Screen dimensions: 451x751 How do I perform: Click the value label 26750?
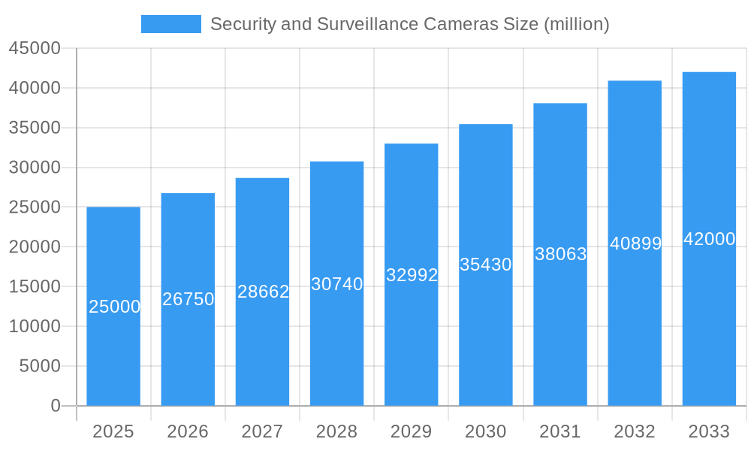point(189,299)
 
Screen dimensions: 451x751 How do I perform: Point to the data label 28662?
point(264,292)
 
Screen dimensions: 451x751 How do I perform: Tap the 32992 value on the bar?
point(412,275)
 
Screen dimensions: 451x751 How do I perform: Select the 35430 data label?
point(486,265)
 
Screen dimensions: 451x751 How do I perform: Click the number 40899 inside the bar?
point(635,244)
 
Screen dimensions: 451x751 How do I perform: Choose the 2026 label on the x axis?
point(188,431)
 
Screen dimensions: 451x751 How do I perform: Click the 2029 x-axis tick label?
point(412,431)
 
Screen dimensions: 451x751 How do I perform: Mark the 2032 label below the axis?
point(635,431)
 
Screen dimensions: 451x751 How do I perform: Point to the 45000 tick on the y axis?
point(35,48)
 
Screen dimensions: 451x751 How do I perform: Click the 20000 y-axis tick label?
point(35,247)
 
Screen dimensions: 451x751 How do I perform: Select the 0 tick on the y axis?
point(56,406)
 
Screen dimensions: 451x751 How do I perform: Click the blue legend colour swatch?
point(171,24)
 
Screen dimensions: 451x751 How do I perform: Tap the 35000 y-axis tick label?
point(35,128)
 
